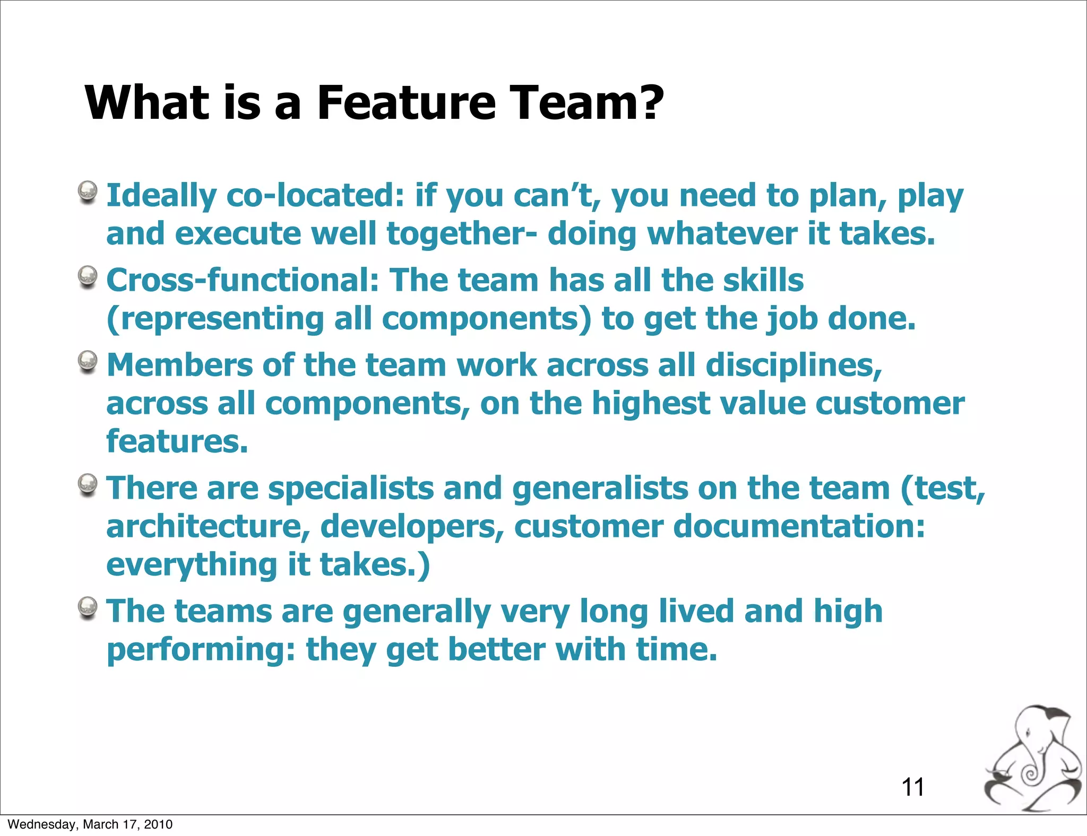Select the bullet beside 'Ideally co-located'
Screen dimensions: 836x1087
click(x=88, y=192)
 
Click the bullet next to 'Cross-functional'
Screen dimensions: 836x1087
click(x=88, y=276)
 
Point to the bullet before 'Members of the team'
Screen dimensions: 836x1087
click(x=88, y=362)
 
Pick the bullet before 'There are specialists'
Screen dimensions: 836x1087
click(x=88, y=484)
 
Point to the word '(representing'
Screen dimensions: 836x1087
click(x=215, y=319)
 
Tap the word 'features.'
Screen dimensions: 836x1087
click(x=177, y=441)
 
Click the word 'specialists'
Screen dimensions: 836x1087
click(x=351, y=489)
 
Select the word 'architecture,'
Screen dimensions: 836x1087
click(x=208, y=527)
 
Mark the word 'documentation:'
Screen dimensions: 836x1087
click(x=799, y=527)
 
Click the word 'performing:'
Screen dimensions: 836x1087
click(x=201, y=650)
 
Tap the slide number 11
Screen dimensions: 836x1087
click(x=913, y=787)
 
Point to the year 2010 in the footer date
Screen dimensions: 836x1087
click(x=159, y=824)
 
